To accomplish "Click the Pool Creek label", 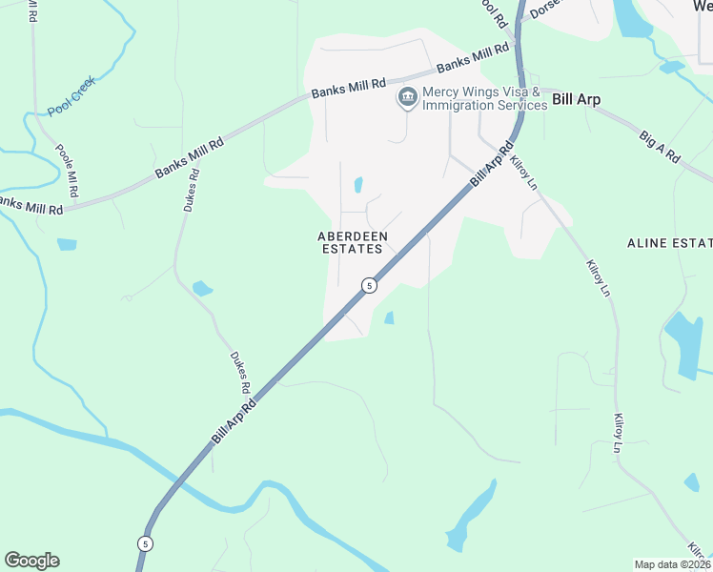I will (71, 102).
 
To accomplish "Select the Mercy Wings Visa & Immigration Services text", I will (484, 98).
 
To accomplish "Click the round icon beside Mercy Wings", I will (408, 97).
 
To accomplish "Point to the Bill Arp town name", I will (577, 99).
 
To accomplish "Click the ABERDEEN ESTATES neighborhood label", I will (350, 242).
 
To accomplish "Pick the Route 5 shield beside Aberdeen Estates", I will (369, 285).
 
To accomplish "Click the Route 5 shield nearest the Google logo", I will (145, 543).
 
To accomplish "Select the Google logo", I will (31, 561).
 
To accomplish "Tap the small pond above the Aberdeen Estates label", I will (358, 184).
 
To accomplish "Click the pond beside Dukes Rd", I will (202, 287).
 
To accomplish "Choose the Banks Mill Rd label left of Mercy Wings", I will (348, 89).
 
